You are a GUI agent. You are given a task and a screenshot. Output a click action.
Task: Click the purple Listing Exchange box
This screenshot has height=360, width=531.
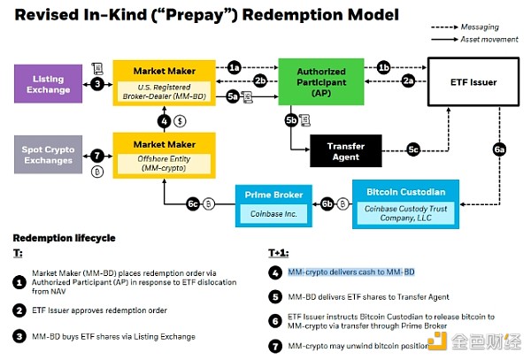(x=48, y=85)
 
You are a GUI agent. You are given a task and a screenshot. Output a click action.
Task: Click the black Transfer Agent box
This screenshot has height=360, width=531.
(x=345, y=151)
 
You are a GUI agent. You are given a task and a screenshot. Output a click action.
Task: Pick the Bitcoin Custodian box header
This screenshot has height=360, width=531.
(x=405, y=190)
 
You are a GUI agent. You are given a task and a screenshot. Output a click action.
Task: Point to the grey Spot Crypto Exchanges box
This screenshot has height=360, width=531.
(x=48, y=156)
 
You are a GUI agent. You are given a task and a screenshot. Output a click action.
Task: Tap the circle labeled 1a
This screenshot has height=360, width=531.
(x=234, y=67)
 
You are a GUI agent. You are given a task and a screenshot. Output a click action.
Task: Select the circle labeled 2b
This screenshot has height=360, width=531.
(x=259, y=81)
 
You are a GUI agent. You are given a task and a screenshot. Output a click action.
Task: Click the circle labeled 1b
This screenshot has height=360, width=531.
(x=383, y=67)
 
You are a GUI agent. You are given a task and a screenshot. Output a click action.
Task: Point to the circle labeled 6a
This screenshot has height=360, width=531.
(x=499, y=150)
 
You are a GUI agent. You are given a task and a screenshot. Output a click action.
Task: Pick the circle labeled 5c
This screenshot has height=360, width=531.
(x=412, y=149)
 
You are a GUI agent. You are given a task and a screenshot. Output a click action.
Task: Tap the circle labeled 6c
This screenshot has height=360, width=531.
(x=193, y=203)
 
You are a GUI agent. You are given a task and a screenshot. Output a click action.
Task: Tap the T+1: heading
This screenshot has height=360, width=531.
(x=279, y=253)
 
